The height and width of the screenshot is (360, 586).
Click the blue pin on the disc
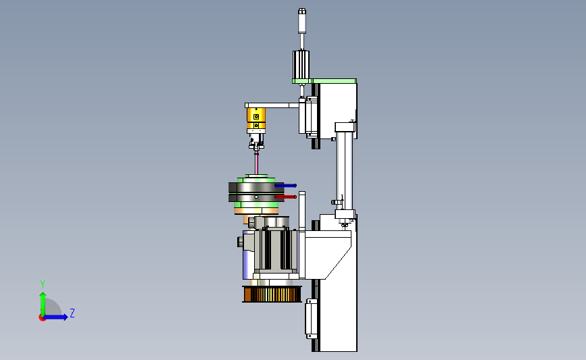[285, 185]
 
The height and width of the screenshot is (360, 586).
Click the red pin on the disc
[285, 197]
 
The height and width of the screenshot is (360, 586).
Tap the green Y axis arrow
[43, 305]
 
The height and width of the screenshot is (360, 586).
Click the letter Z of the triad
[72, 313]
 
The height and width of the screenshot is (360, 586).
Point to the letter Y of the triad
[43, 284]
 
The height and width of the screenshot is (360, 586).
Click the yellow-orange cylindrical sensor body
[256, 119]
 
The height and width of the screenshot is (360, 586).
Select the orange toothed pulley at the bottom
[272, 294]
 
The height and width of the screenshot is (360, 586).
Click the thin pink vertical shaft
[256, 163]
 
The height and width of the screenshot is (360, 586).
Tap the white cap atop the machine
[301, 21]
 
